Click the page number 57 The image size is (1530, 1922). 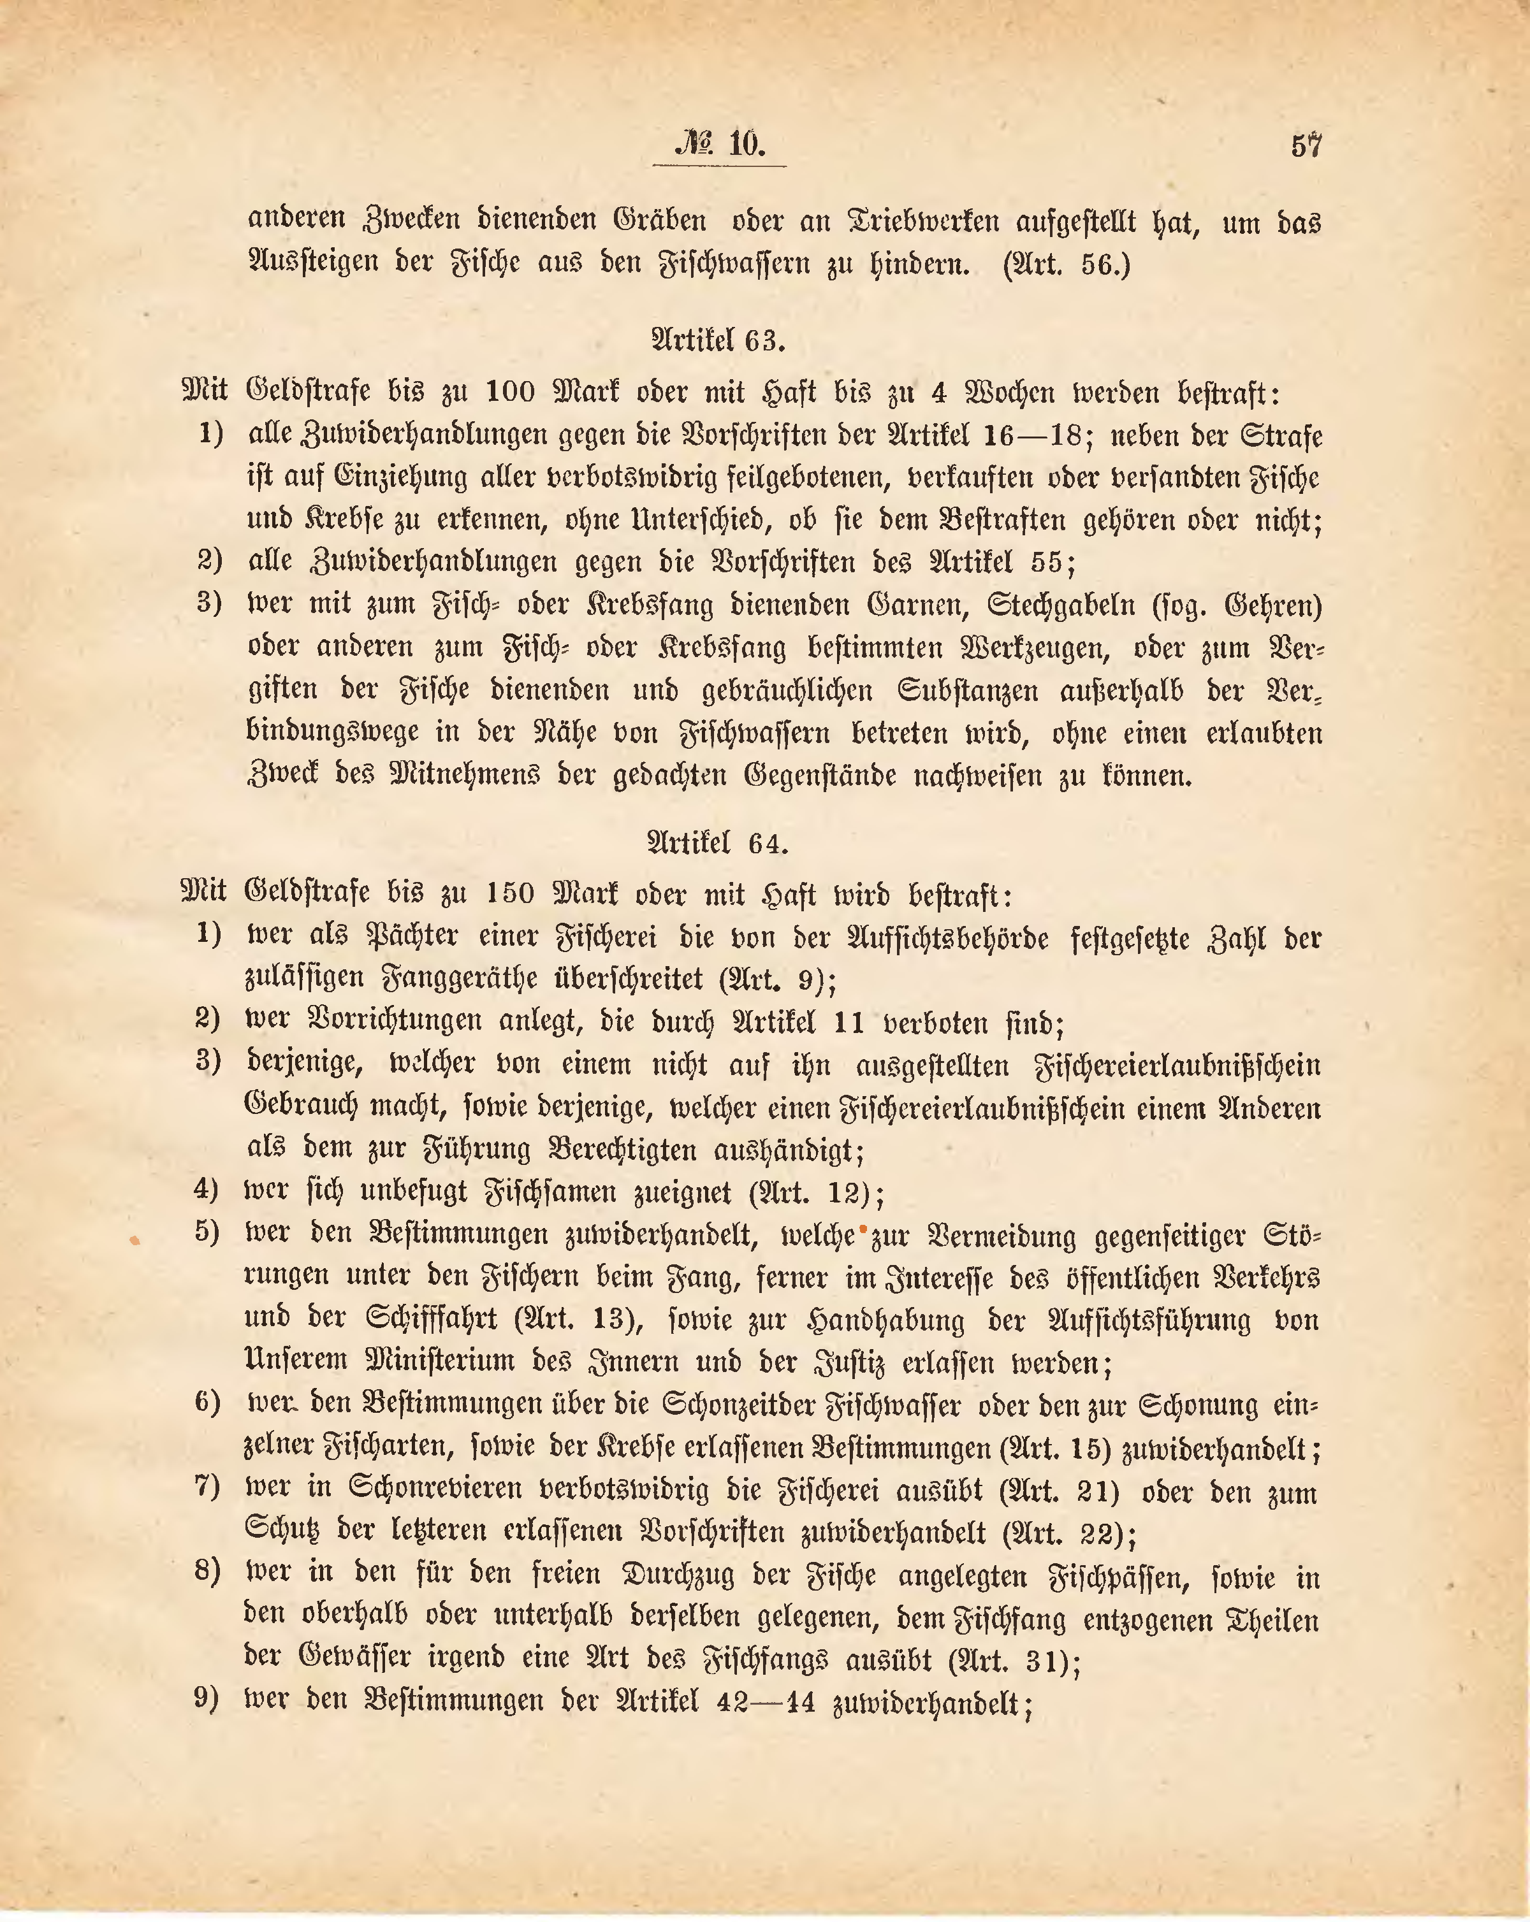(1306, 145)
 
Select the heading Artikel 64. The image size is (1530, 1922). (718, 842)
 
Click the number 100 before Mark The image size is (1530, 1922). (512, 393)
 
